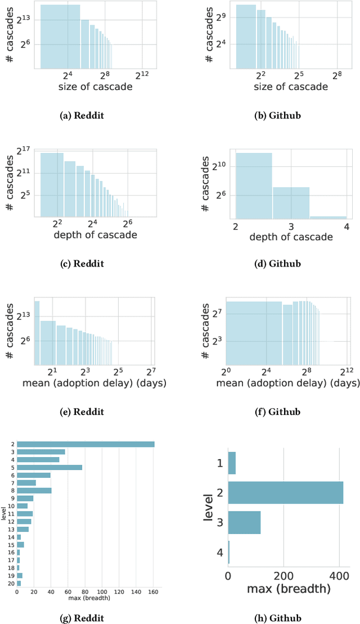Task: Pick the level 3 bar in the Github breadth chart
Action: coord(244,522)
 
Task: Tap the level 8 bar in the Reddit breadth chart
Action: coord(34,490)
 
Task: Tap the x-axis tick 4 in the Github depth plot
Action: coord(346,226)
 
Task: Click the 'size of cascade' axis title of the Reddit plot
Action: coord(96,87)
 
